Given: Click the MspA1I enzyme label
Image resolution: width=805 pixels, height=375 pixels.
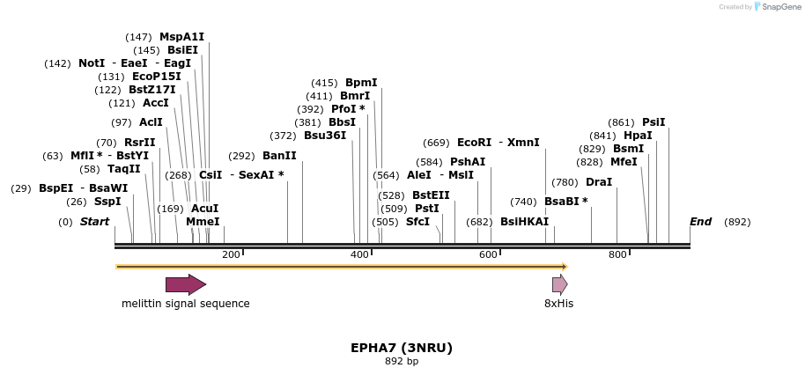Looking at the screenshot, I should pyautogui.click(x=181, y=37).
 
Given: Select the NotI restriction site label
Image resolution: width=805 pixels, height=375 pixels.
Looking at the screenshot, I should pyautogui.click(x=92, y=63).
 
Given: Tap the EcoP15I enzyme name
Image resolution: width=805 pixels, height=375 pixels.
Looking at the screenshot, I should pyautogui.click(x=156, y=77).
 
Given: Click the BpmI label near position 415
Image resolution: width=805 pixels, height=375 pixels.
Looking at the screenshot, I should pyautogui.click(x=361, y=83).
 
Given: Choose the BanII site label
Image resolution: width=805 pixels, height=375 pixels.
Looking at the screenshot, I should pyautogui.click(x=279, y=156).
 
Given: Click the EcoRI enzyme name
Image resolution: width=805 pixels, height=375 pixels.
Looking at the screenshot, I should pyautogui.click(x=474, y=143).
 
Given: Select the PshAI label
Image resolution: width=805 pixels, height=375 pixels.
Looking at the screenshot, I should pyautogui.click(x=468, y=162).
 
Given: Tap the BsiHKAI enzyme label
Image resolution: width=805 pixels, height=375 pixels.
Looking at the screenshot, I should pyautogui.click(x=524, y=222).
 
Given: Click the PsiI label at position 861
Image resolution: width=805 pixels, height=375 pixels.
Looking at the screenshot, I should pyautogui.click(x=654, y=122).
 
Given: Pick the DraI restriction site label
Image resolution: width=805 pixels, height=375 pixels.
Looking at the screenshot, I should pyautogui.click(x=599, y=182).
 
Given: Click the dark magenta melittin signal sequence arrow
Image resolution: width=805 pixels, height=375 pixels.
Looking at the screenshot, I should pyautogui.click(x=186, y=284).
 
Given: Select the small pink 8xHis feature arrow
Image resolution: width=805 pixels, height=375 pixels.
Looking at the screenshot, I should pyautogui.click(x=559, y=284).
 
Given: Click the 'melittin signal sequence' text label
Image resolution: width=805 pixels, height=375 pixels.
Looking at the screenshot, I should pyautogui.click(x=186, y=304).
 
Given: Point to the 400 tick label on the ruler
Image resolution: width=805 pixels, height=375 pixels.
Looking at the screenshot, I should pyautogui.click(x=359, y=255).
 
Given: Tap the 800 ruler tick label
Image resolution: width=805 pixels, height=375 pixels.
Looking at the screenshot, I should pyautogui.click(x=617, y=255).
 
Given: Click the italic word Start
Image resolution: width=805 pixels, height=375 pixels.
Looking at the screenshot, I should pyautogui.click(x=95, y=222).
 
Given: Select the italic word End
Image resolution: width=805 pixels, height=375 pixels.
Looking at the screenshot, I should pyautogui.click(x=700, y=222).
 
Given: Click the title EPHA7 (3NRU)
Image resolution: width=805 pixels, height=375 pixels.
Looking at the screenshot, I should pyautogui.click(x=402, y=348).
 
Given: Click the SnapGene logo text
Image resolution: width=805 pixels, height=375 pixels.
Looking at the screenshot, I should pyautogui.click(x=779, y=7).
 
